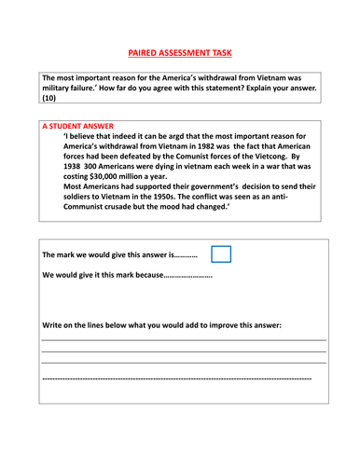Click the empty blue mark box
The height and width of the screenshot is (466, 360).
222,254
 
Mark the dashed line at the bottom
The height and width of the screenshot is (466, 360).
177,379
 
